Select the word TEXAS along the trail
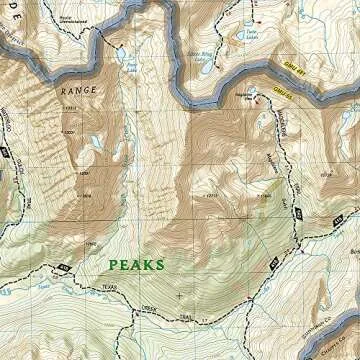(108, 287)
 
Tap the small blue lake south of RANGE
(97, 143)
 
